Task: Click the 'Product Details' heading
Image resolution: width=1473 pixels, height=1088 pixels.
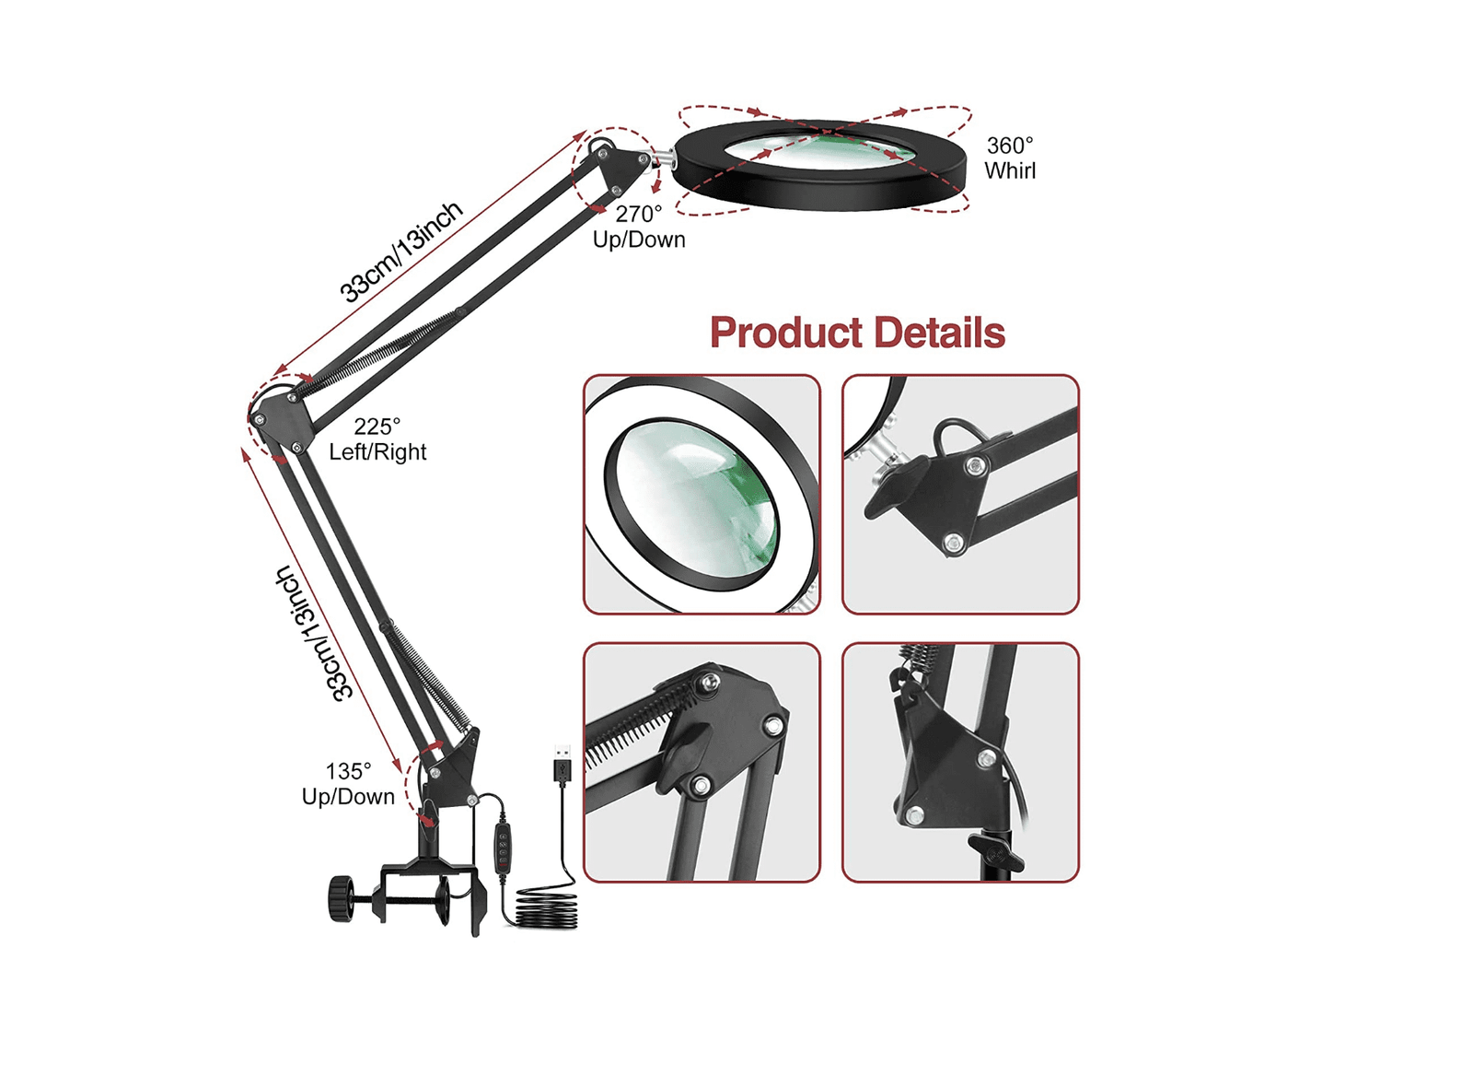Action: (857, 332)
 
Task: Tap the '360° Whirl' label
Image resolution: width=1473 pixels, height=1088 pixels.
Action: (1009, 158)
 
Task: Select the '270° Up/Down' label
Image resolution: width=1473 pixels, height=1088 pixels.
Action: (639, 227)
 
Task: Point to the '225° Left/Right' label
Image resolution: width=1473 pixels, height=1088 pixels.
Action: (377, 439)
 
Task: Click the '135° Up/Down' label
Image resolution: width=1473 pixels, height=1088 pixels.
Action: (348, 784)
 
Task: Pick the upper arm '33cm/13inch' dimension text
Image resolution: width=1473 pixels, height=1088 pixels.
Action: (400, 251)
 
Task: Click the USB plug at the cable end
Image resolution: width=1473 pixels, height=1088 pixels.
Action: (562, 765)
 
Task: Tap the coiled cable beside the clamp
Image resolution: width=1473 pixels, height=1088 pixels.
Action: (547, 908)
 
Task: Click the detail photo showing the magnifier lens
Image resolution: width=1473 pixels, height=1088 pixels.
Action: (702, 494)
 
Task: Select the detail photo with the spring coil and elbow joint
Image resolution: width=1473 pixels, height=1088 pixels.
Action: (702, 762)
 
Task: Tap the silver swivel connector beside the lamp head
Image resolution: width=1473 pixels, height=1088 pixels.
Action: (662, 158)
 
